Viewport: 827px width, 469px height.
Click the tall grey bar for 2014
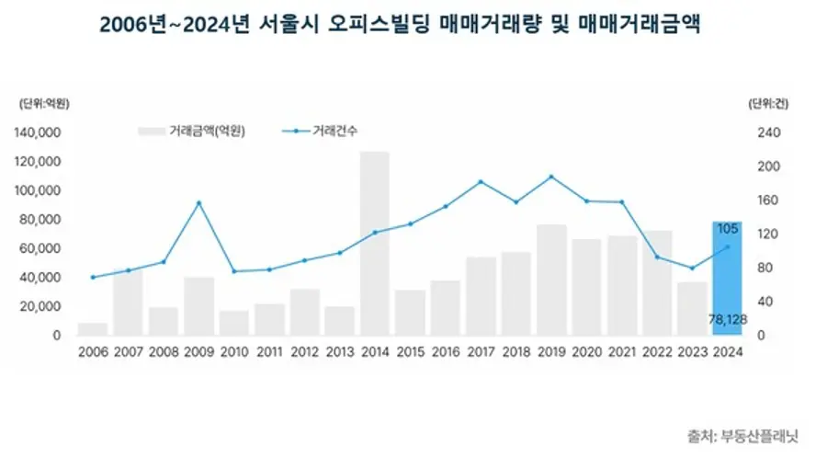[x=374, y=244]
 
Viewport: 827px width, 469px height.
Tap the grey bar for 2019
[x=551, y=280]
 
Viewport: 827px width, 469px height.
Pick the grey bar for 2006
[x=93, y=329]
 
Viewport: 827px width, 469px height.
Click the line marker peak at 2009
[x=198, y=202]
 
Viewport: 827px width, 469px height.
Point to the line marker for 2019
[x=551, y=177]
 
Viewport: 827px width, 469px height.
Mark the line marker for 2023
[x=692, y=269]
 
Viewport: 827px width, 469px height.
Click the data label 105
[x=729, y=229]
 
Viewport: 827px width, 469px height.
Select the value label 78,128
[x=727, y=318]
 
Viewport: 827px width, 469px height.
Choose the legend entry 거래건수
[x=332, y=132]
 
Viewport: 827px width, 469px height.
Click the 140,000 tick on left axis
[x=38, y=132]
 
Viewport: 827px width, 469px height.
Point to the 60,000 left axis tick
[x=40, y=248]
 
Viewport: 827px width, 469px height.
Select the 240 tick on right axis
[x=767, y=132]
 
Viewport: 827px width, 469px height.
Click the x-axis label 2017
[x=481, y=353]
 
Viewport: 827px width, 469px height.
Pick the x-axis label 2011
[x=269, y=353]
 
